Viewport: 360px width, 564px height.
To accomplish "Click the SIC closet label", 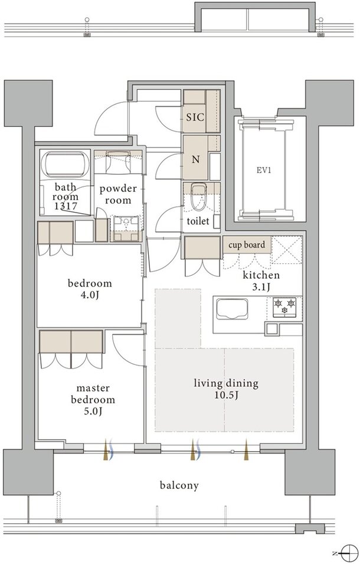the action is [x=195, y=117].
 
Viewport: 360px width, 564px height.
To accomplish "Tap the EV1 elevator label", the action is [x=263, y=170].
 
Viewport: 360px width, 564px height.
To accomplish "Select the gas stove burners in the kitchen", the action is [x=284, y=307].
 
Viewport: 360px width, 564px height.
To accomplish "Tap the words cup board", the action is [x=247, y=245].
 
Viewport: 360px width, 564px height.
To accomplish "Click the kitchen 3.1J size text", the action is [x=261, y=281].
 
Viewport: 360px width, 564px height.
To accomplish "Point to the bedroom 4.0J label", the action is [x=90, y=289].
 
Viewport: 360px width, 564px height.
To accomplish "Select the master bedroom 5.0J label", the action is [x=93, y=399].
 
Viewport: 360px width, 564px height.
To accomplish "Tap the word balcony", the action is [x=179, y=485].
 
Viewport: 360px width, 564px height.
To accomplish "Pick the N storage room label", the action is [x=195, y=159].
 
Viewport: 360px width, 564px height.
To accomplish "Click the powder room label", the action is [x=118, y=194].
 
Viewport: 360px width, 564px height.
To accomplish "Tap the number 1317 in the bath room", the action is [x=65, y=207].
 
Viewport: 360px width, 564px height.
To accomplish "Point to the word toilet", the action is [x=198, y=220].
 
